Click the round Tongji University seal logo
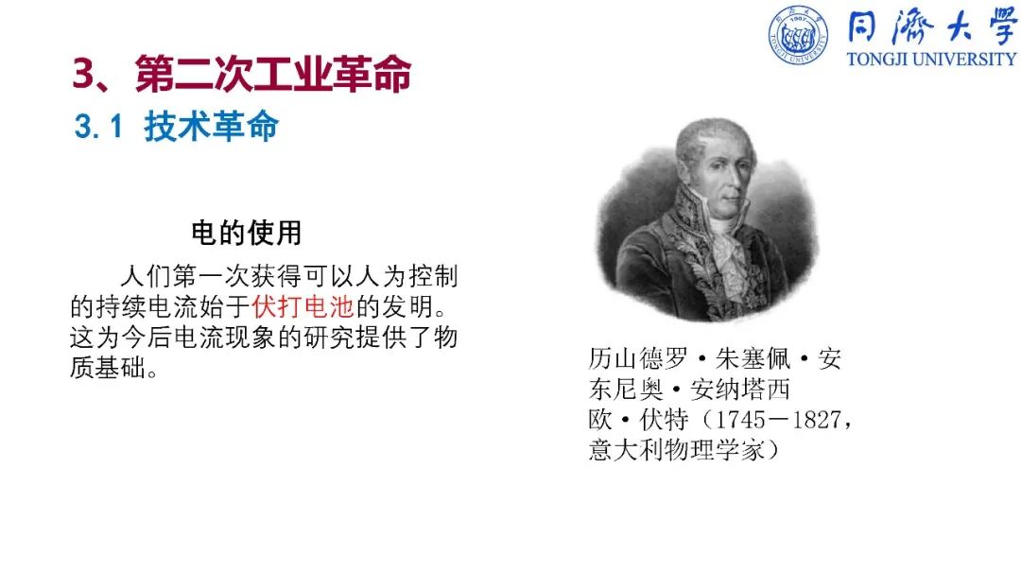(x=798, y=35)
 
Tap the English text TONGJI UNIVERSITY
(x=932, y=60)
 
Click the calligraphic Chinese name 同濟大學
(x=932, y=27)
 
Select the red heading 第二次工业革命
(x=273, y=74)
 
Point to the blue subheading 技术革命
(x=211, y=126)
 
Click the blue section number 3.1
(x=98, y=127)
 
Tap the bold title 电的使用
(x=246, y=233)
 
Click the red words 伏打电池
(x=303, y=307)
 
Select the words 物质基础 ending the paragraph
(x=264, y=353)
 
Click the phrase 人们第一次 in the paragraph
(x=185, y=276)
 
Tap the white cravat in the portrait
(x=729, y=242)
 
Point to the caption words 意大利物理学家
(x=677, y=450)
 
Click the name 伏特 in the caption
(x=665, y=420)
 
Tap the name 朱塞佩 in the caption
(x=753, y=359)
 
